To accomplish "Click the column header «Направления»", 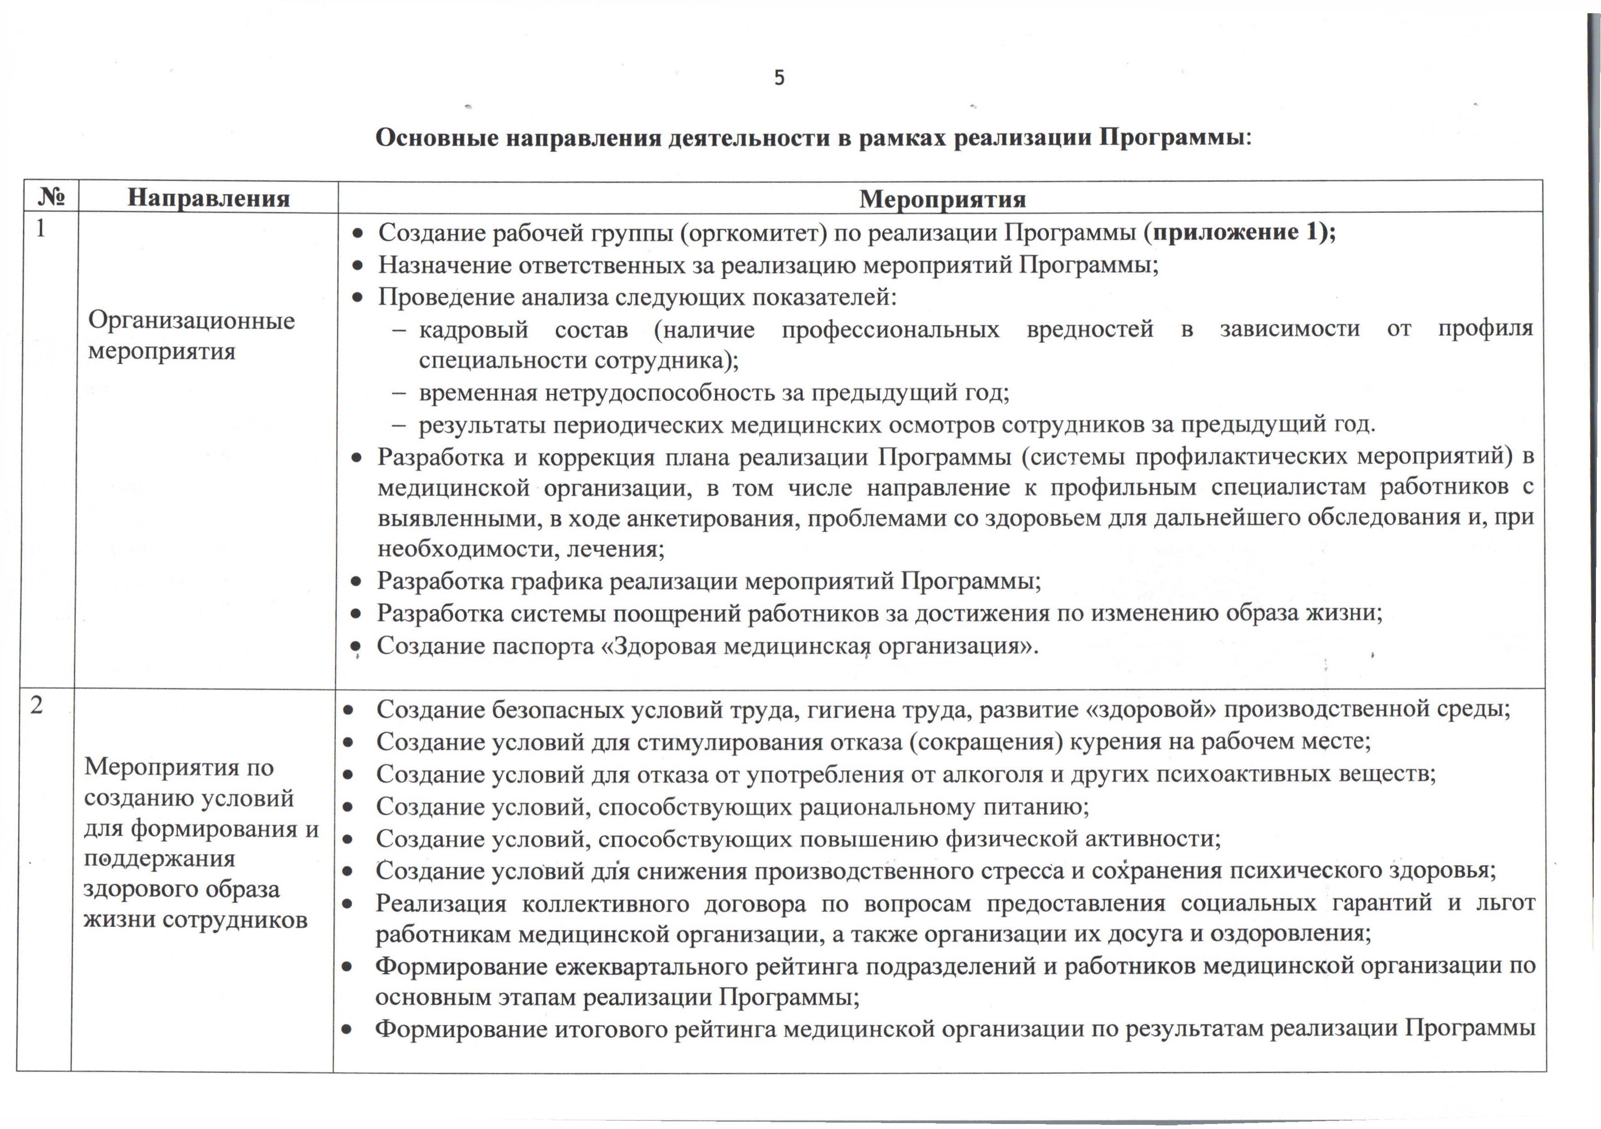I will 209,198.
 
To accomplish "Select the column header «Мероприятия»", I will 942,199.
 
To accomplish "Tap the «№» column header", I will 51,197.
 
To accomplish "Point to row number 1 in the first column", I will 41,229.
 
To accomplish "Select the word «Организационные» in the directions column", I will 191,321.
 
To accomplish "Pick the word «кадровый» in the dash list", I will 474,329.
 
